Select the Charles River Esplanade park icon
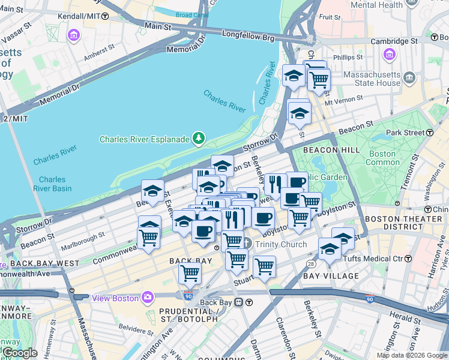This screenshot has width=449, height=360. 198,139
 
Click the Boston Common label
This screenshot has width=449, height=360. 382,158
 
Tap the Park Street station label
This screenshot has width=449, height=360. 405,132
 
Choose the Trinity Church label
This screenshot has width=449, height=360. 281,244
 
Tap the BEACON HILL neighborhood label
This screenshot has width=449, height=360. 331,149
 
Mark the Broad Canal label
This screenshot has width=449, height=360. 192,15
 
